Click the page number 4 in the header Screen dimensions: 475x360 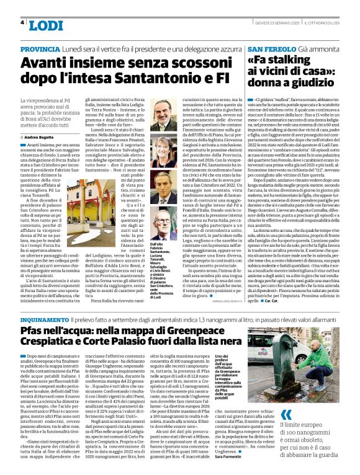(x=22, y=23)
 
